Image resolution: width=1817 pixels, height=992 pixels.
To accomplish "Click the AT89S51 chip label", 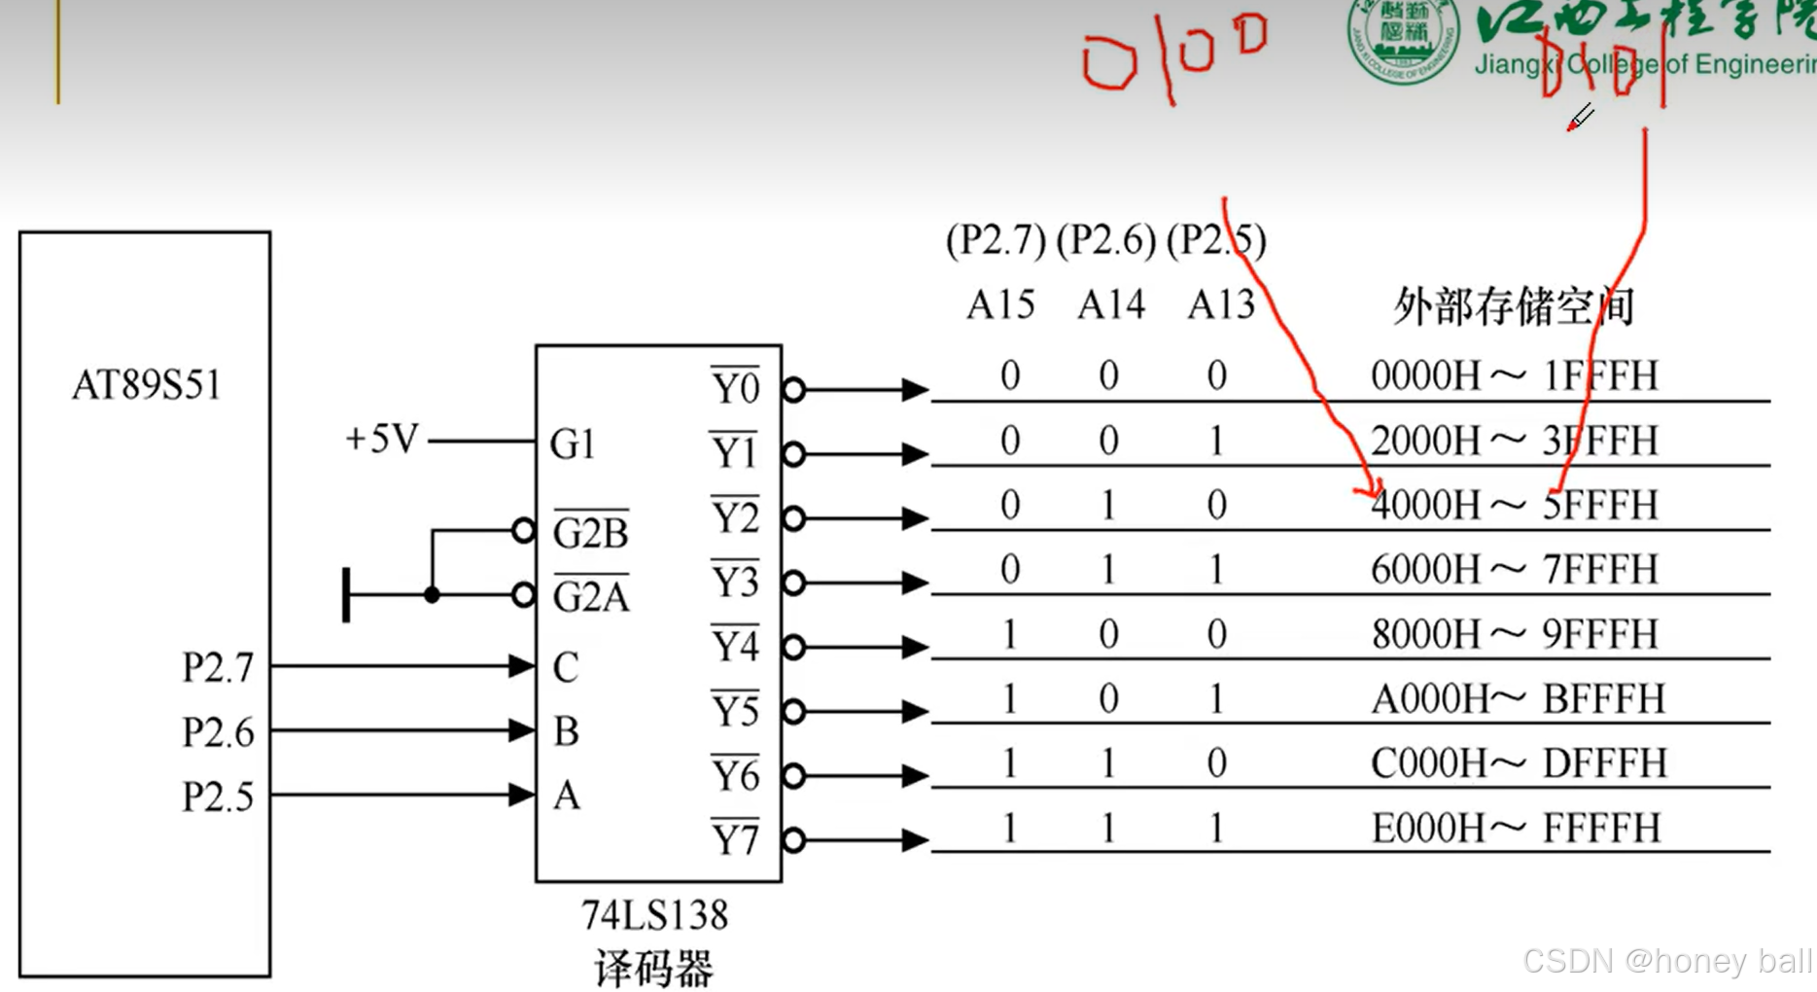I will pos(147,385).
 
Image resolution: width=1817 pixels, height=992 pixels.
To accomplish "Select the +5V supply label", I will pos(381,440).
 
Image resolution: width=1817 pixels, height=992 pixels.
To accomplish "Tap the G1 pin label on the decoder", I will pos(572,444).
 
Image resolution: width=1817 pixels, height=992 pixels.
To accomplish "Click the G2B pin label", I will pos(590,532).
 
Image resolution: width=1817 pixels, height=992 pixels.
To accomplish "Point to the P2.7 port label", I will pos(218,667).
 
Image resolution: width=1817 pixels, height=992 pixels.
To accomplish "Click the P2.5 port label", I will pos(218,797).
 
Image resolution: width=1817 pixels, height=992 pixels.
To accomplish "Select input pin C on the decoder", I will pos(566,667).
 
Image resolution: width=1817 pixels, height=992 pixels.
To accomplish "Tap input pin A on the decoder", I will pos(567,796).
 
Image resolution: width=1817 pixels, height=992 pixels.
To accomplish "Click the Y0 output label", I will pos(735,388).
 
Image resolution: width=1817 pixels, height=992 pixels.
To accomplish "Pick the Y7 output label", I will pos(735,838).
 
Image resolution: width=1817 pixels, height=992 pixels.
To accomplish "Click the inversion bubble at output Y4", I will pos(794,648).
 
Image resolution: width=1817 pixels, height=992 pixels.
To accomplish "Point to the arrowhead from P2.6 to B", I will pos(521,730).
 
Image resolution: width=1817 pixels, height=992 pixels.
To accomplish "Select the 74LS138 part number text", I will pos(654,915).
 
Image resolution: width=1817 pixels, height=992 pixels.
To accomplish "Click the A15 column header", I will pos(1000,305).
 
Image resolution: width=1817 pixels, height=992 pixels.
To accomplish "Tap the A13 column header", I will pos(1221,305).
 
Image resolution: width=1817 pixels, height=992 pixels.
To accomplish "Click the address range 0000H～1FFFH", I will pos(1514,375).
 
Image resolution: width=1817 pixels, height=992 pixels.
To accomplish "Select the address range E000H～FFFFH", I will pos(1516,829).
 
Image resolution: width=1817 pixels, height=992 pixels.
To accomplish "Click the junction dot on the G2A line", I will pos(433,595).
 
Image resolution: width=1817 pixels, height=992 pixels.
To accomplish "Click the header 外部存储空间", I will pos(1514,306).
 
